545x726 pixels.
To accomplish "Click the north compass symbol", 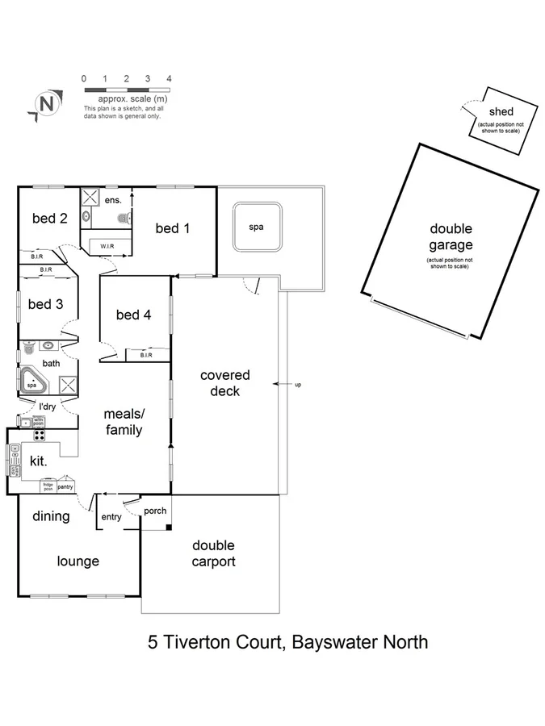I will click(x=48, y=104).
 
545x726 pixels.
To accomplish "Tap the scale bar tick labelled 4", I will click(x=169, y=79).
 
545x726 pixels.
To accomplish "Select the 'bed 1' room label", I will click(x=173, y=228).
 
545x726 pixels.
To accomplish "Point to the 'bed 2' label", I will click(x=49, y=218).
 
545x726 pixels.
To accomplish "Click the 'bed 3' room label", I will click(x=45, y=304).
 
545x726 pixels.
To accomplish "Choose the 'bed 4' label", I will click(x=133, y=315).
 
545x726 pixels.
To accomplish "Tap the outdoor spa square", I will click(x=256, y=227).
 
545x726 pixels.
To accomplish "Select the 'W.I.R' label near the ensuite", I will click(x=107, y=245).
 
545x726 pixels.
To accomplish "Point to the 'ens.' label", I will click(x=113, y=198).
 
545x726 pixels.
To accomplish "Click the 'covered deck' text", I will click(x=225, y=383).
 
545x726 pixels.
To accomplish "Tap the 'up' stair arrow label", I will click(x=298, y=384).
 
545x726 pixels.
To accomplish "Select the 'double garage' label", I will click(x=451, y=237).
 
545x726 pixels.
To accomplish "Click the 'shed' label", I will click(x=501, y=111).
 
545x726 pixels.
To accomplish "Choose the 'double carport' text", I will click(x=214, y=554).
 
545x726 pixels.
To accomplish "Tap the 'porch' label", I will click(x=154, y=511).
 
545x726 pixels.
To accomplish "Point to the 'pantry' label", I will click(x=65, y=487).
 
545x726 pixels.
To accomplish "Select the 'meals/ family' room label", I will click(x=124, y=422).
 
